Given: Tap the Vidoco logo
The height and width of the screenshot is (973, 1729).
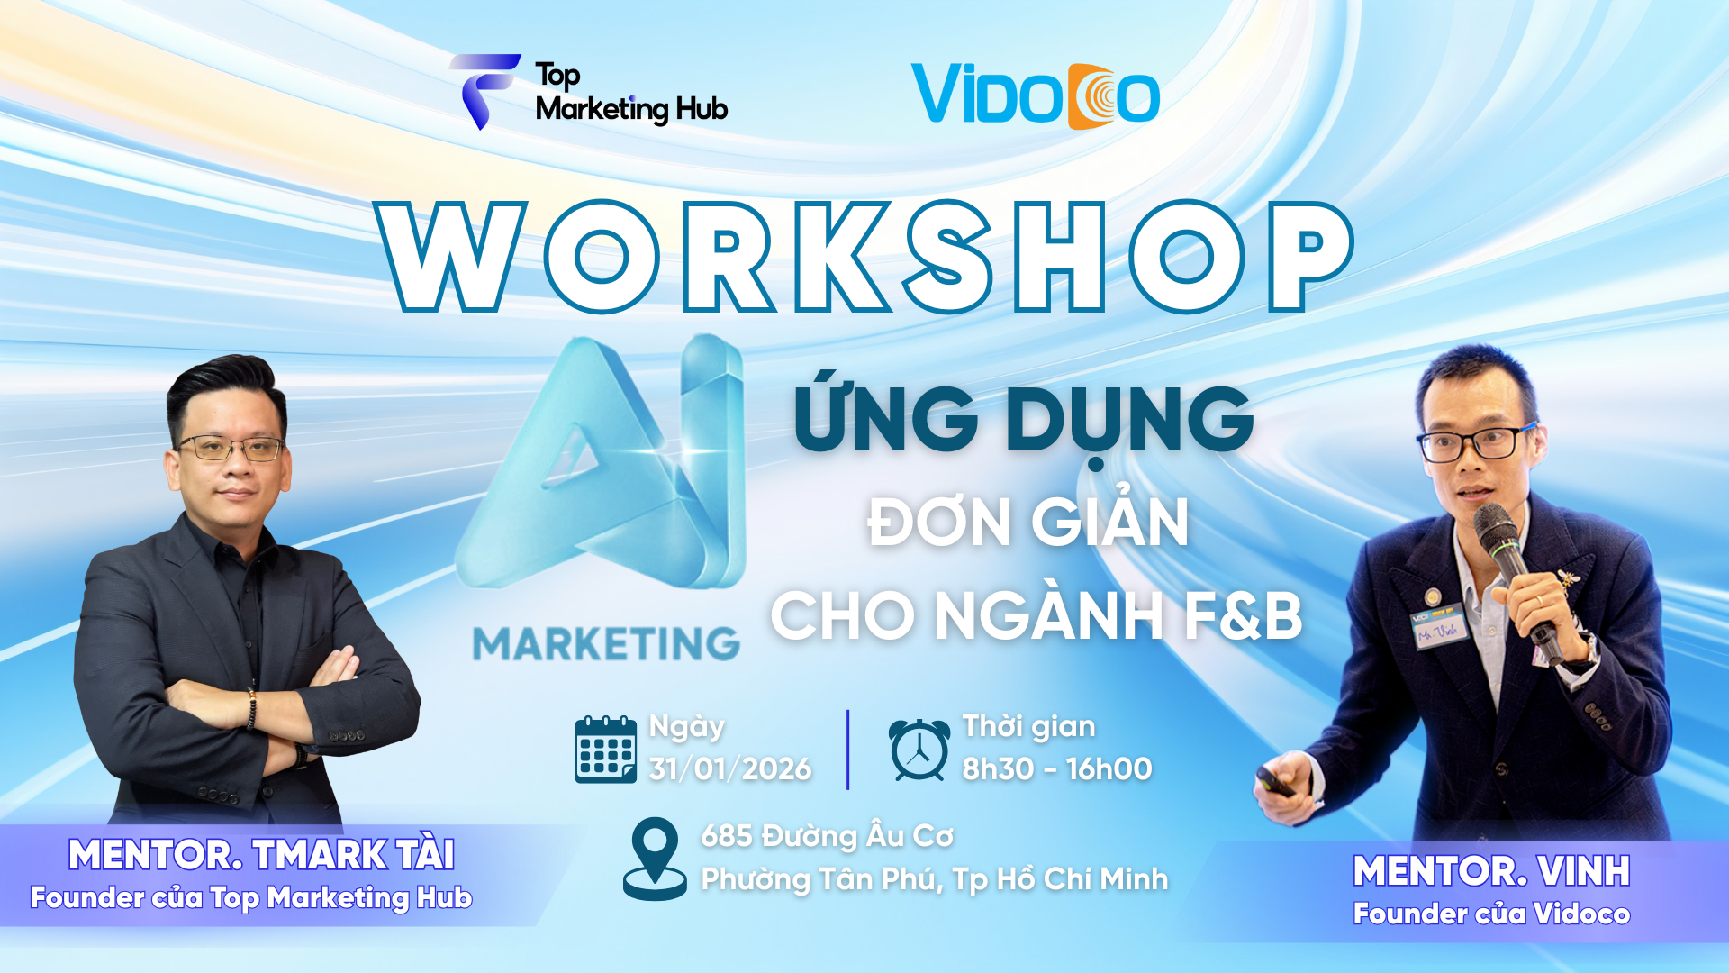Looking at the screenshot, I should pos(1035,95).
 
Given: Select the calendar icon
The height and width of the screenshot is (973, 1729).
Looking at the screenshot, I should pos(606,749).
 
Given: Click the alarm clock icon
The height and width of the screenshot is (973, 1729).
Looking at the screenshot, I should pos(919,750).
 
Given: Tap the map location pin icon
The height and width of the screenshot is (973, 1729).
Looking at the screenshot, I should pos(655,858).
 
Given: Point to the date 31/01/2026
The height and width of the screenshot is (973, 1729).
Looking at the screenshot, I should pos(729,768).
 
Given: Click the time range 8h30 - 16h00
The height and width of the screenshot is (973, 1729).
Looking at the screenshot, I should pos(1056,768).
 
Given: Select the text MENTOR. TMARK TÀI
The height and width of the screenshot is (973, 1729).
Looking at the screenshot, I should pos(261,855).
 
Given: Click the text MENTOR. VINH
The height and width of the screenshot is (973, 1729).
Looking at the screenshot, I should pos(1491,871).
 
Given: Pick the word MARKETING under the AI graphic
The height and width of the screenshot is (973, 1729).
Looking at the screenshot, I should pos(606,644).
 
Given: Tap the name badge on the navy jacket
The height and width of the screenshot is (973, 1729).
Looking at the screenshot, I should pos(1438,626).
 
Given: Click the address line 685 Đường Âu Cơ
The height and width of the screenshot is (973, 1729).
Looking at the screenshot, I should pos(827,836).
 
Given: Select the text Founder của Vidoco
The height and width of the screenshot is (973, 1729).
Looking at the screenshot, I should pos(1491,914).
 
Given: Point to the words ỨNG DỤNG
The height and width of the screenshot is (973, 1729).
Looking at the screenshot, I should pos(1024,420).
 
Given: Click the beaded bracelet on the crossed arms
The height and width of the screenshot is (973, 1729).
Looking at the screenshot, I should pos(253,708).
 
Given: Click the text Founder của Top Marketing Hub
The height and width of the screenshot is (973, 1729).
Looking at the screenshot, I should pos(251,897).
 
